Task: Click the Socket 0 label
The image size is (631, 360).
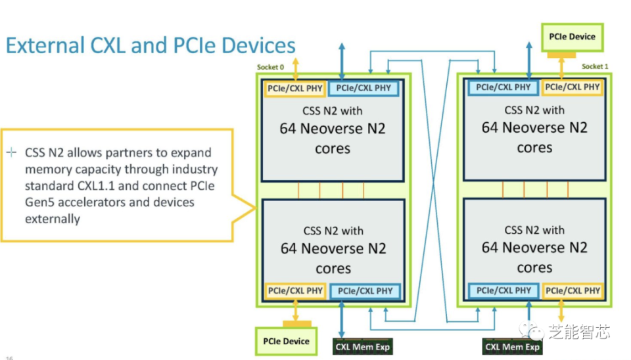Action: (x=270, y=67)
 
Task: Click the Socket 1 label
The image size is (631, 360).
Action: (x=596, y=66)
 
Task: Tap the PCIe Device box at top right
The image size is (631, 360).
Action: (x=572, y=37)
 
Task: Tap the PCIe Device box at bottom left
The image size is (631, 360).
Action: (x=286, y=341)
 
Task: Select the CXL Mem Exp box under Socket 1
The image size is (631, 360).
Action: (x=513, y=347)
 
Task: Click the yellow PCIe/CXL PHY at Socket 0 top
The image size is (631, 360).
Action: (x=295, y=88)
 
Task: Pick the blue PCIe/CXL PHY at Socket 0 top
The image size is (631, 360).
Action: (x=363, y=88)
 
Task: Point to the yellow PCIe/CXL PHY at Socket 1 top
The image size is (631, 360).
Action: (x=573, y=87)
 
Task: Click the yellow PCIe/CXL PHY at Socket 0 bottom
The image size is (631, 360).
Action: (x=295, y=291)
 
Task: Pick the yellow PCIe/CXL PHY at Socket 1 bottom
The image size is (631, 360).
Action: (x=573, y=290)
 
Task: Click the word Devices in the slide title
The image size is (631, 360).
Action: (x=259, y=45)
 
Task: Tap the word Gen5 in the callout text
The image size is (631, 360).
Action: (x=41, y=202)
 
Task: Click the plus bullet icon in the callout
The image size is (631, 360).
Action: (x=11, y=153)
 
